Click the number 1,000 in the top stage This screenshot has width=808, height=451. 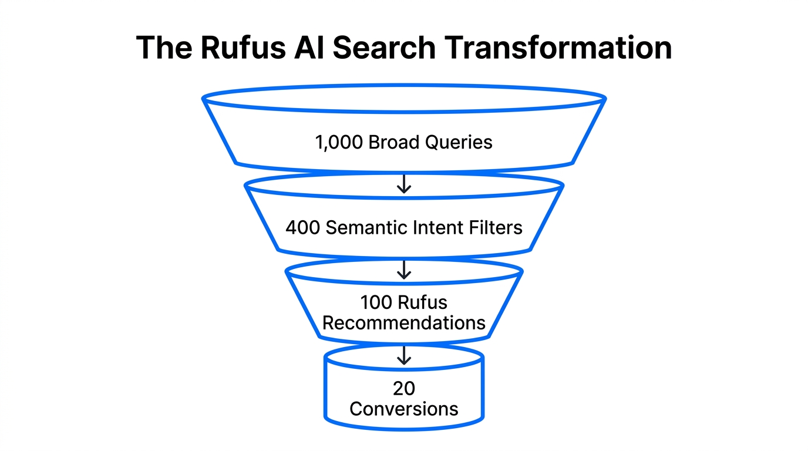pyautogui.click(x=339, y=143)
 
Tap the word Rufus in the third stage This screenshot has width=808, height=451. pyautogui.click(x=423, y=303)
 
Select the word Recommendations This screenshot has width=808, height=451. pyautogui.click(x=404, y=323)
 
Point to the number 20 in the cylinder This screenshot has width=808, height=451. pyautogui.click(x=404, y=388)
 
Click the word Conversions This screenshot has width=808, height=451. pyautogui.click(x=404, y=409)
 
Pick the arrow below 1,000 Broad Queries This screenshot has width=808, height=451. pyautogui.click(x=404, y=184)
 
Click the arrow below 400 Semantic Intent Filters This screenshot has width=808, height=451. pyautogui.click(x=404, y=270)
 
